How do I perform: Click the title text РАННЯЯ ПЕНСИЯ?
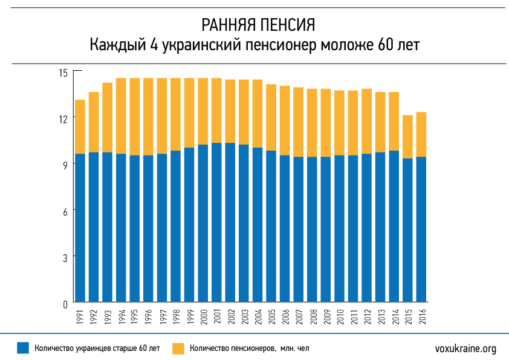[254, 25]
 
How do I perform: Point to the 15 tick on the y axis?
[62, 72]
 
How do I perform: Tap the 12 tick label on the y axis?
[62, 119]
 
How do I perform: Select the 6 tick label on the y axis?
[64, 211]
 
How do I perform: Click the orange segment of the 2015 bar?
[408, 137]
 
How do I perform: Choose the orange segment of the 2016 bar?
[422, 134]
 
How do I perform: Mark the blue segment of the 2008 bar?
[313, 229]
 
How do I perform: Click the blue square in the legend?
[23, 348]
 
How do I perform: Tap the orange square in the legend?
[178, 348]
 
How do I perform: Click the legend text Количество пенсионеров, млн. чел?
[250, 349]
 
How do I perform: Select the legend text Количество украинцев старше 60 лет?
[97, 349]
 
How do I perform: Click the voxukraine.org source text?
[465, 349]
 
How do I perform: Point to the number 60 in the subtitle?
[386, 45]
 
